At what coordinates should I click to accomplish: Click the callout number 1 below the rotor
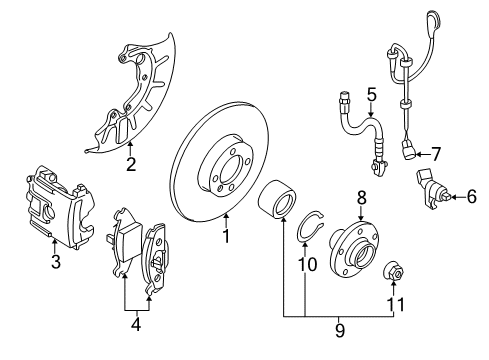226,236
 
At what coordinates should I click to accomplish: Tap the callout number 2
131,164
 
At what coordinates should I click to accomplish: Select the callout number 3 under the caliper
56,261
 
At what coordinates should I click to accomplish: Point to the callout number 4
136,324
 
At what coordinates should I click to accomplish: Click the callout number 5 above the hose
372,94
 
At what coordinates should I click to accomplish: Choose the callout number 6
471,196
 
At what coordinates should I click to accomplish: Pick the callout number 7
436,154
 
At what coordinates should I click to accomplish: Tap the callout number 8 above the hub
361,197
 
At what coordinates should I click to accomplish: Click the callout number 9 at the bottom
339,330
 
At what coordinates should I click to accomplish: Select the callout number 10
307,265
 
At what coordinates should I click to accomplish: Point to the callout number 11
395,304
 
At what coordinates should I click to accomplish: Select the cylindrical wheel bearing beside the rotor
277,199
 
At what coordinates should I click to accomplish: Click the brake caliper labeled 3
60,207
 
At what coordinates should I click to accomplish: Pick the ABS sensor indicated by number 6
433,190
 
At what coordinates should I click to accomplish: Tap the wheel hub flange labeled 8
354,248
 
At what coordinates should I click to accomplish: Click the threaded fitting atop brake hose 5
344,99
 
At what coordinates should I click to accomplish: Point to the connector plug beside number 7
408,151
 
